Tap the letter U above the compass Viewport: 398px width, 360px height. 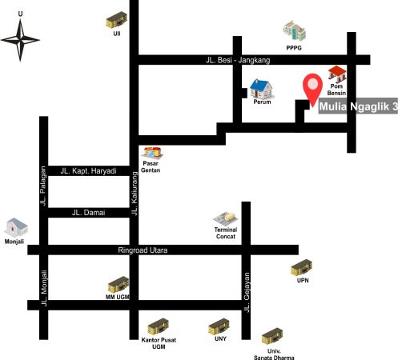(x=20, y=14)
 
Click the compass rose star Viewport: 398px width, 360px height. (x=20, y=40)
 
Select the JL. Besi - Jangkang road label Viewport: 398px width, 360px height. (x=238, y=60)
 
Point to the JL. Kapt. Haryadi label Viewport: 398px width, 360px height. (x=88, y=170)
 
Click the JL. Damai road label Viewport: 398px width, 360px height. (x=88, y=213)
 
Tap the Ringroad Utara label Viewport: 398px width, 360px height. (x=143, y=250)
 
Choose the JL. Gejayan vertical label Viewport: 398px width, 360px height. (x=247, y=293)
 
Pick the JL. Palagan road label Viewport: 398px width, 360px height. (x=43, y=186)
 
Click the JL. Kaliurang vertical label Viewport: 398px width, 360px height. (x=135, y=194)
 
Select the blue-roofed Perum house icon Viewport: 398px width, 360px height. (x=262, y=89)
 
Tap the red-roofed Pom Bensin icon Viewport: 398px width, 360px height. (x=337, y=74)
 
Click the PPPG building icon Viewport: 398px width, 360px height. (x=295, y=30)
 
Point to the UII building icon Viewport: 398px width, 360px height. (x=116, y=20)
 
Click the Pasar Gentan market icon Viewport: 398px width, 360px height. (x=152, y=153)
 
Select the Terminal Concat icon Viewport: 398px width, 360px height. (x=226, y=219)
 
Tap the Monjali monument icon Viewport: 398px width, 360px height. (x=16, y=227)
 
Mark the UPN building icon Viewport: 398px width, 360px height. (x=301, y=268)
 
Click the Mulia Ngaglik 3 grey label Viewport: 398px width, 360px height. (x=358, y=106)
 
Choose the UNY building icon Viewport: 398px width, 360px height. (x=219, y=326)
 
